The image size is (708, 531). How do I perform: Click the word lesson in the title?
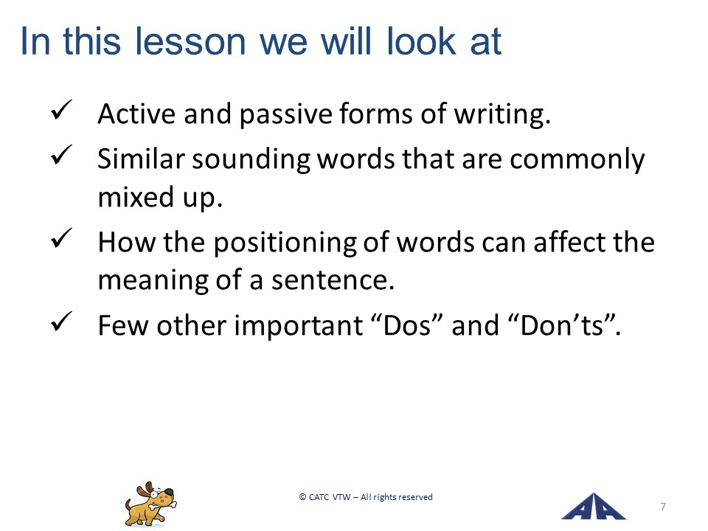190,41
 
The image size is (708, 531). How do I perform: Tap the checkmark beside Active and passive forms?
61,110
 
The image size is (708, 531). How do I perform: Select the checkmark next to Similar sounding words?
61,154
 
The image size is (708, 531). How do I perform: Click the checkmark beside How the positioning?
61,238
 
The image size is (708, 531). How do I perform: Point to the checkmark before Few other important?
61,322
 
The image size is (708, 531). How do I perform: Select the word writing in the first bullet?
502,114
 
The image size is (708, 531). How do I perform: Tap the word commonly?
577,160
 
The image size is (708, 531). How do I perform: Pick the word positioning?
285,243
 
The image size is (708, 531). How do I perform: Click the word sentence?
333,281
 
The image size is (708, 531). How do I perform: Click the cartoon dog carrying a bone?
150,504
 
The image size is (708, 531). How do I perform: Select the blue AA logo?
593,506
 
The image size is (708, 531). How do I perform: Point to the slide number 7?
663,507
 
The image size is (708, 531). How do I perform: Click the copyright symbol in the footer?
302,497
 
